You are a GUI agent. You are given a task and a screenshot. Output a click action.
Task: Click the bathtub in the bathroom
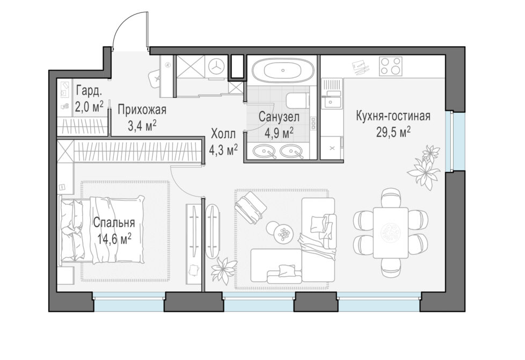coord(283,70)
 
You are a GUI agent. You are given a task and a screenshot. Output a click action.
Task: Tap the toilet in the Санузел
coord(297,100)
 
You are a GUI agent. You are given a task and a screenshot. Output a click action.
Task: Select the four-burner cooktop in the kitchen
coord(390,67)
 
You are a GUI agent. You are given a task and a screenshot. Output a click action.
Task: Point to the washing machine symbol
coord(216,67)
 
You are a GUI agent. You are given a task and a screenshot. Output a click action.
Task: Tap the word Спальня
coord(114,222)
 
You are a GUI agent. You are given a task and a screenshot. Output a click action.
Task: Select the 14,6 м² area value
coord(114,239)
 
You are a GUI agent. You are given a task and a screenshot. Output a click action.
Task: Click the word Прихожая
coord(142,109)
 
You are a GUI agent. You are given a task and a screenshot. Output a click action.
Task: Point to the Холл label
coord(223,134)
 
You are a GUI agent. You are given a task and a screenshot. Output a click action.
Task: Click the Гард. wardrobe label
coord(89,90)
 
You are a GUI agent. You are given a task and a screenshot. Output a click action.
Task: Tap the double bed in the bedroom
coord(102,231)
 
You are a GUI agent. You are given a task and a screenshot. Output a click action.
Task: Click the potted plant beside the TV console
coord(224,270)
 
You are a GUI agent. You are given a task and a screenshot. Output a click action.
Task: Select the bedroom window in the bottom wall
coord(129,301)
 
